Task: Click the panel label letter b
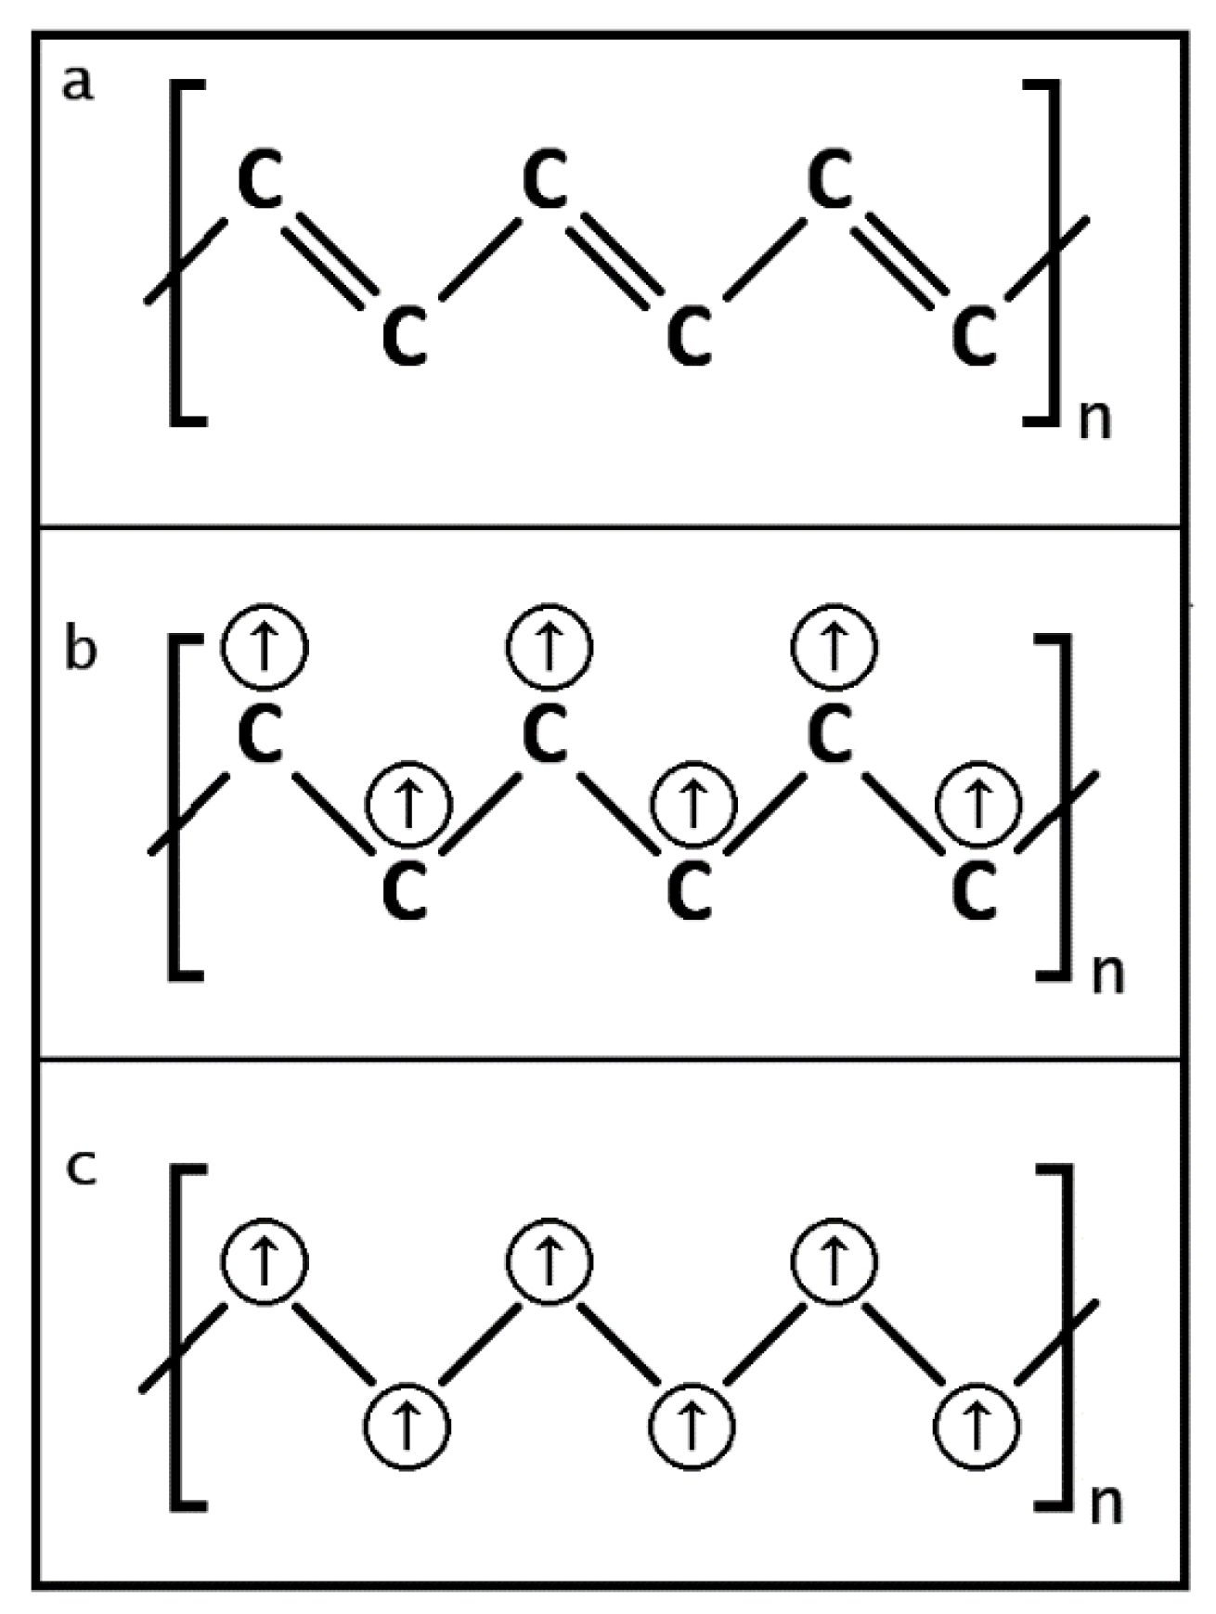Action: click(x=80, y=649)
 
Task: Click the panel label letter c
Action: click(x=82, y=1167)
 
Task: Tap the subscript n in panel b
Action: click(x=1106, y=975)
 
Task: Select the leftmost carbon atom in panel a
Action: click(x=262, y=180)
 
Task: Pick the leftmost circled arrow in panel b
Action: click(x=265, y=647)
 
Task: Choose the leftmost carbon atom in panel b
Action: click(x=262, y=733)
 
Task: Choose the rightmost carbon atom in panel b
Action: click(x=975, y=889)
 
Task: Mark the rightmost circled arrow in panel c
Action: click(x=977, y=1425)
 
